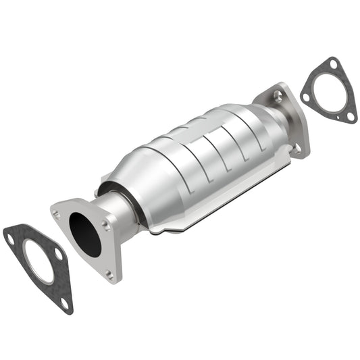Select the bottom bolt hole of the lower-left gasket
click(64, 304)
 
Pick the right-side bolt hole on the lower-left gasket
click(59, 255)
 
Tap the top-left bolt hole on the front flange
click(57, 215)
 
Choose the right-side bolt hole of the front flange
click(106, 226)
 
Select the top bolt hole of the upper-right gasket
click(333, 64)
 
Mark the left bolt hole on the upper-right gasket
click(306, 97)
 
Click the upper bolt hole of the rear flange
click(278, 97)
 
